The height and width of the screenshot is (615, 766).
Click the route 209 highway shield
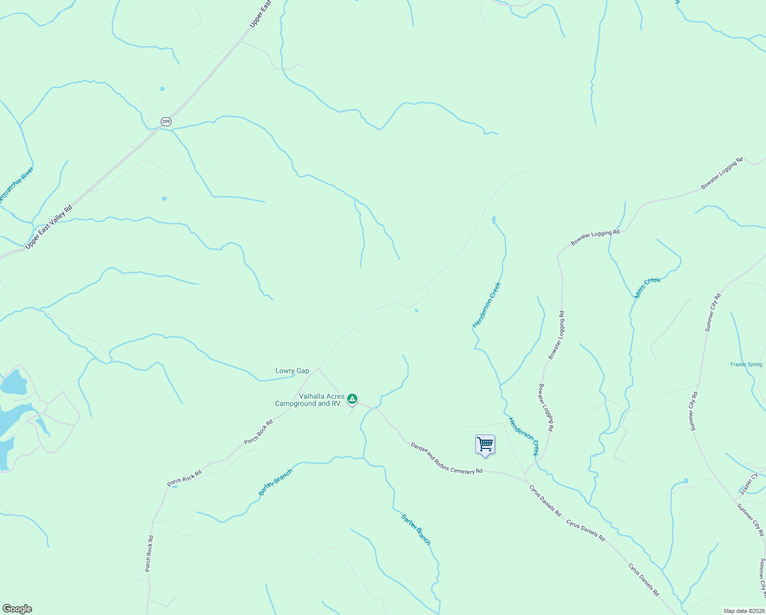click(x=165, y=121)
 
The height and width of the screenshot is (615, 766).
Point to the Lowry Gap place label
click(x=292, y=371)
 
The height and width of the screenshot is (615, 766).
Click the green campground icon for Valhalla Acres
click(x=352, y=398)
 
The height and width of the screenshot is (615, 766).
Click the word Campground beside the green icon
click(x=295, y=404)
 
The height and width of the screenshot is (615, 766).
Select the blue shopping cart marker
click(x=485, y=444)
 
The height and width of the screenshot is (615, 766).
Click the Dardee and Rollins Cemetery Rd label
click(x=446, y=458)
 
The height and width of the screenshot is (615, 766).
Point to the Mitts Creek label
click(x=648, y=288)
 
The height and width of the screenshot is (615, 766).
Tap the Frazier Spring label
click(x=746, y=365)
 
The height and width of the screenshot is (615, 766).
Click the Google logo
click(x=17, y=609)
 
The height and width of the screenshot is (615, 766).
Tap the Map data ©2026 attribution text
click(x=743, y=611)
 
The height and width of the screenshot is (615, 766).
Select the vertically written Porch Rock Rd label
click(x=149, y=553)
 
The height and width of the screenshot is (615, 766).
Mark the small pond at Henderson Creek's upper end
click(x=494, y=220)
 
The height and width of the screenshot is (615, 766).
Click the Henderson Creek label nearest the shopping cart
click(x=523, y=436)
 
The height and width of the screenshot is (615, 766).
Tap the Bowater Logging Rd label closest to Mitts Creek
click(x=595, y=237)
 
